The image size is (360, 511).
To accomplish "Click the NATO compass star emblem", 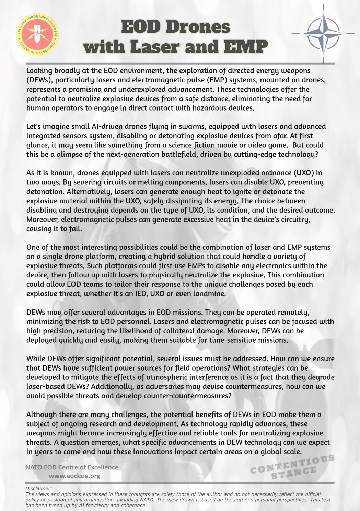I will coord(323,34).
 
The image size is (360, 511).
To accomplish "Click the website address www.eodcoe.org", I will coord(74,476).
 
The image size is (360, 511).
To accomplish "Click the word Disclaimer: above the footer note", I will coord(39,488).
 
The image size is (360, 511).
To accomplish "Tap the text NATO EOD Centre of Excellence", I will coord(72,467).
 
